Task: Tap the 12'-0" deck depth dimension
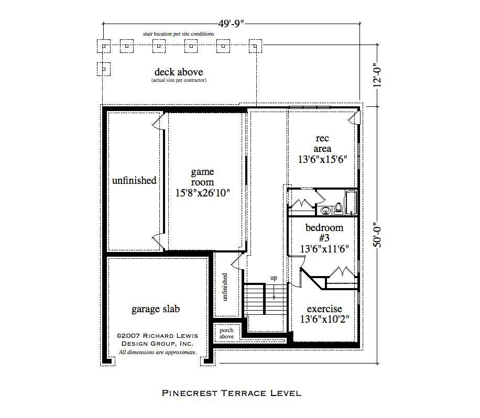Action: point(375,76)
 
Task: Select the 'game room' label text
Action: point(202,182)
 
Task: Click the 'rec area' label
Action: point(323,149)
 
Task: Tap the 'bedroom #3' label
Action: point(324,238)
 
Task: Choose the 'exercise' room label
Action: point(324,313)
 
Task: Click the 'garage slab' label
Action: point(156,309)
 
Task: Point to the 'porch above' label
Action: point(226,333)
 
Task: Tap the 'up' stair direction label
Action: point(274,278)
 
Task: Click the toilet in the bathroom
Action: point(338,208)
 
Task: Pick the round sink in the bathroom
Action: point(326,211)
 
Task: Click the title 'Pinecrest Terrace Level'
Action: point(231,392)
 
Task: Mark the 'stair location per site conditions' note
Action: point(179,34)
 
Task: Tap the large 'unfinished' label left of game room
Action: point(134,180)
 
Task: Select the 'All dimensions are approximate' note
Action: point(158,353)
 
